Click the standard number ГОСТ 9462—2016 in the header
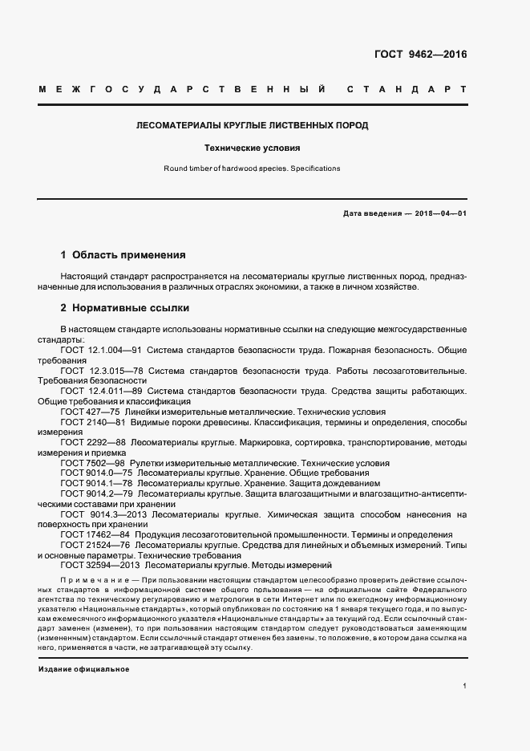420,55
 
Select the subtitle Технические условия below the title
253,148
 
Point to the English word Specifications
316,168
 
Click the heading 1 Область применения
123,254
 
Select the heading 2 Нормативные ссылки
124,307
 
